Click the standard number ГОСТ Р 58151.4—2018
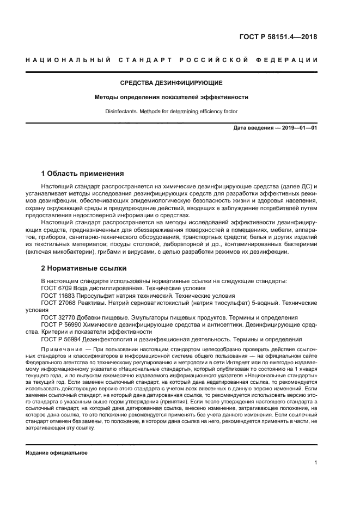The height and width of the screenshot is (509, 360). point(278,37)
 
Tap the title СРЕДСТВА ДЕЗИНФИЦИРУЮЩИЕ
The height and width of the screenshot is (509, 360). point(172,83)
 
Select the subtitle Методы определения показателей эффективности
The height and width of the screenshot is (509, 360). point(172,97)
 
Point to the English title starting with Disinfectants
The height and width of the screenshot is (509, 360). point(172,112)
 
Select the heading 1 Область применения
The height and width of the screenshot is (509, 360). point(83,174)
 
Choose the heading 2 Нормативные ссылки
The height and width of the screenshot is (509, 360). point(84,268)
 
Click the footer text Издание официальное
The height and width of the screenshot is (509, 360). point(57,453)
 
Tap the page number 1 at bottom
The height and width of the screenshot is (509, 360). point(315,463)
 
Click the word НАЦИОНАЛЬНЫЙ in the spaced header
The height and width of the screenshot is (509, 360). point(65,59)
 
